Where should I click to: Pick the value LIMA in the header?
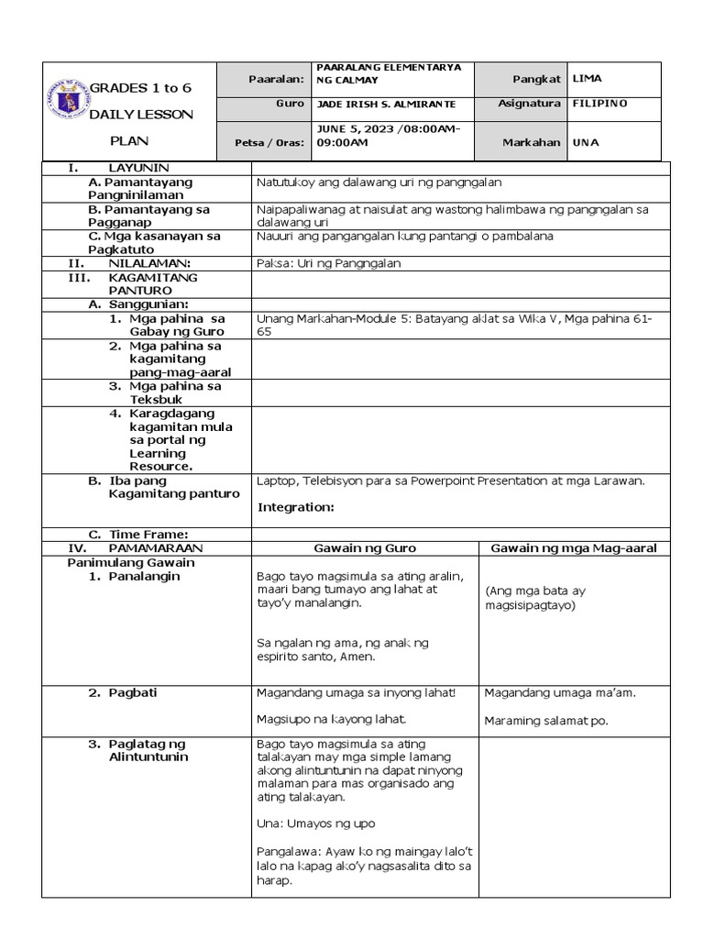[x=587, y=80]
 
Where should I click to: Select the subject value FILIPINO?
[x=599, y=104]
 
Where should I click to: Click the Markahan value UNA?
[x=585, y=143]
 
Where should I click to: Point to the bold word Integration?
[x=296, y=507]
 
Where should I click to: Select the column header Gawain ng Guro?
[x=365, y=548]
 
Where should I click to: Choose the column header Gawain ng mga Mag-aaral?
[x=574, y=548]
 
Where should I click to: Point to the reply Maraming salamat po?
[x=545, y=721]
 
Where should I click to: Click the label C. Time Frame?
[x=138, y=535]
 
